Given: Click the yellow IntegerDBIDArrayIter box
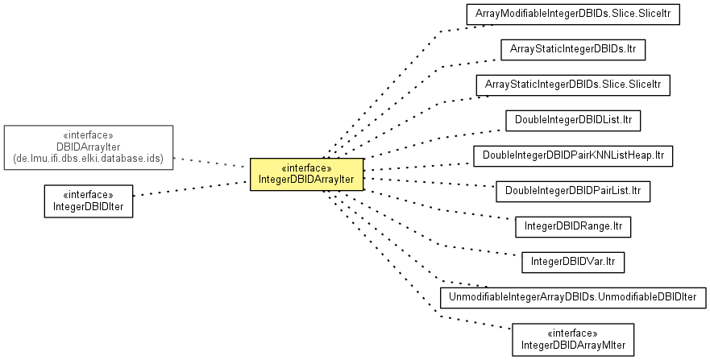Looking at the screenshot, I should point(306,174).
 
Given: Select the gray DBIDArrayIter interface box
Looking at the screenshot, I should point(89,147).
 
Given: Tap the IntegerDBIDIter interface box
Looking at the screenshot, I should point(89,201).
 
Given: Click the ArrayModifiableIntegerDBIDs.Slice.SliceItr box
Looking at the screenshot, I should point(573,14).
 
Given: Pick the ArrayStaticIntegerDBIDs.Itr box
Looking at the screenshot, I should point(573,49).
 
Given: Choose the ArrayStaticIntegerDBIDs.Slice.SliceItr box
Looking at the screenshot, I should point(573,85).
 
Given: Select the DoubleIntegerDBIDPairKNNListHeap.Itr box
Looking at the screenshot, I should point(573,154).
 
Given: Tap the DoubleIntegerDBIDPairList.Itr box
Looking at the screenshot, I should point(573,191).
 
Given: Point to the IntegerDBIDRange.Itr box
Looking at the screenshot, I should point(573,226).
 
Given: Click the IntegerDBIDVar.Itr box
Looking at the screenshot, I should point(573,262).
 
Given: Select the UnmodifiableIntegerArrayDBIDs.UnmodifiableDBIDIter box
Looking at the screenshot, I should point(573,297).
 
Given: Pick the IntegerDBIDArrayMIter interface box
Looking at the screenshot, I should point(573,339).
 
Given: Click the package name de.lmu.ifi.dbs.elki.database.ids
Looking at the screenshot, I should point(89,159).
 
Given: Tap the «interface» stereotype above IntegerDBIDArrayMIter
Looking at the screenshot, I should point(573,333).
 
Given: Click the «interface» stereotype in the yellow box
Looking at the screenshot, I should point(306,168).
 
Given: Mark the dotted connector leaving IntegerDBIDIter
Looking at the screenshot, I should point(190,189).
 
